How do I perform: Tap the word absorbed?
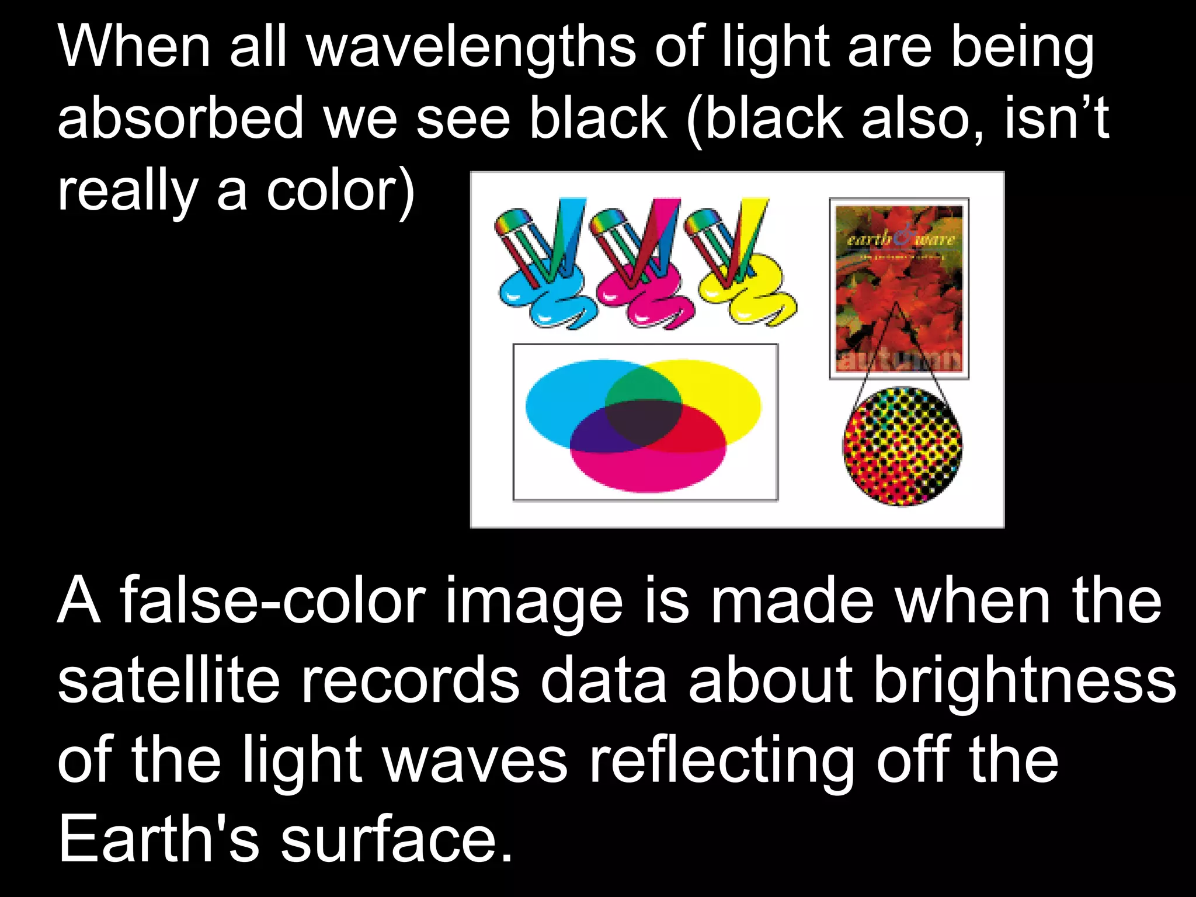[180, 119]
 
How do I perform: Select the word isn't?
[1056, 119]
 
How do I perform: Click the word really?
[127, 193]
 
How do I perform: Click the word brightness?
[1024, 681]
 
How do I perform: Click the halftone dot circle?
[902, 446]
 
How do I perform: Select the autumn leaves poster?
[899, 288]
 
